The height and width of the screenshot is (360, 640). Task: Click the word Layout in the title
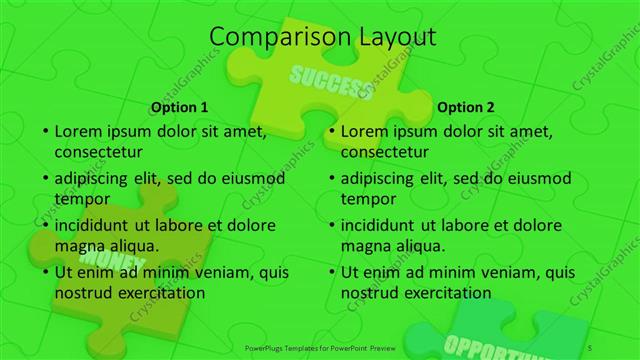[392, 38]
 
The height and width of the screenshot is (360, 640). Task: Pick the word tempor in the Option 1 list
[81, 199]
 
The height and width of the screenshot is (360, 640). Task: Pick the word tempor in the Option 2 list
[367, 199]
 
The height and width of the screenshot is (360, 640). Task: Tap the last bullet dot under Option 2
[332, 272]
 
